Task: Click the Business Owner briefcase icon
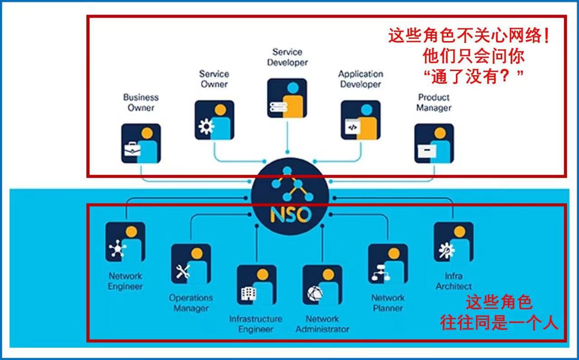pyautogui.click(x=141, y=143)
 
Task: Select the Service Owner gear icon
pyautogui.click(x=214, y=120)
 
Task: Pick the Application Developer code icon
pyautogui.click(x=361, y=120)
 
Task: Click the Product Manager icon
pyautogui.click(x=434, y=143)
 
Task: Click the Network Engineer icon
pyautogui.click(x=125, y=242)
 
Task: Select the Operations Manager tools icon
pyautogui.click(x=191, y=264)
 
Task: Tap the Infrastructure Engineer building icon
pyautogui.click(x=256, y=285)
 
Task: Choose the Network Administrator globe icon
pyautogui.click(x=322, y=285)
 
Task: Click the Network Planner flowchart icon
pyautogui.click(x=388, y=264)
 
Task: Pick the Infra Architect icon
pyautogui.click(x=453, y=242)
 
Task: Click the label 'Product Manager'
pyautogui.click(x=434, y=103)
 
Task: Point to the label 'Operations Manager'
pyautogui.click(x=191, y=303)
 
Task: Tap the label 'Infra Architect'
pyautogui.click(x=453, y=281)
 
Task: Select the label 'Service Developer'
pyautogui.click(x=287, y=57)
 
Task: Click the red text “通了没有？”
pyautogui.click(x=474, y=76)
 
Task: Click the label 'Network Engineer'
pyautogui.click(x=125, y=281)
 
